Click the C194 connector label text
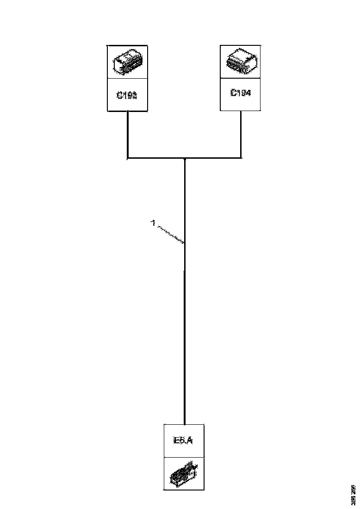(241, 93)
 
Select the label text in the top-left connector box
(128, 96)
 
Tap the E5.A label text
(183, 441)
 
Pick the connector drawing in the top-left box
(128, 62)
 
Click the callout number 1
(152, 223)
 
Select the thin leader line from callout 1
(170, 234)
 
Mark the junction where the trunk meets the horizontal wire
(185, 159)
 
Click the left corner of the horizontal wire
(128, 158)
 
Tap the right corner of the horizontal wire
(241, 158)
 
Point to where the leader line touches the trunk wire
(185, 242)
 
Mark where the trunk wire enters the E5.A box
(185, 423)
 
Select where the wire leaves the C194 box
(241, 111)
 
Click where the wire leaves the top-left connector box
(128, 112)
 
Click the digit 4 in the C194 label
(248, 93)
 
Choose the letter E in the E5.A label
(176, 441)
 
